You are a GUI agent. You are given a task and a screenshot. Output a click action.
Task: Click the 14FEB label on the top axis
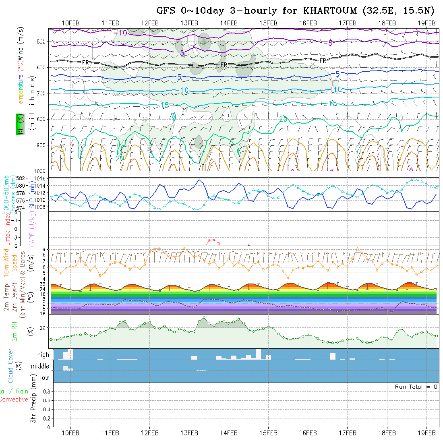pyautogui.click(x=229, y=23)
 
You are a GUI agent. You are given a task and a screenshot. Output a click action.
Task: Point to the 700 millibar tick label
pyautogui.click(x=42, y=93)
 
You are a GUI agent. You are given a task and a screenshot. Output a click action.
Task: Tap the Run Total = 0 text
pyautogui.click(x=416, y=387)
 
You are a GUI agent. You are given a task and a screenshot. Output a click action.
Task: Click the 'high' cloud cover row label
pyautogui.click(x=43, y=355)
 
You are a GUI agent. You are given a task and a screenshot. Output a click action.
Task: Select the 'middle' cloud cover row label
pyautogui.click(x=40, y=366)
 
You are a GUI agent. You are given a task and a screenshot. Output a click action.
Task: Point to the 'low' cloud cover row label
pyautogui.click(x=44, y=378)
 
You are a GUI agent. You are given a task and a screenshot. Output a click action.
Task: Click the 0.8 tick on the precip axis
pyautogui.click(x=46, y=391)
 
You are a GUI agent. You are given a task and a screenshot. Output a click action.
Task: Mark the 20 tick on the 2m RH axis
pyautogui.click(x=44, y=328)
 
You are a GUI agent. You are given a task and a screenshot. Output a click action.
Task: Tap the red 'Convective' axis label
pyautogui.click(x=14, y=400)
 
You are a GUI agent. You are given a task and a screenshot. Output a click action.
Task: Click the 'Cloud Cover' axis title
pyautogui.click(x=10, y=365)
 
